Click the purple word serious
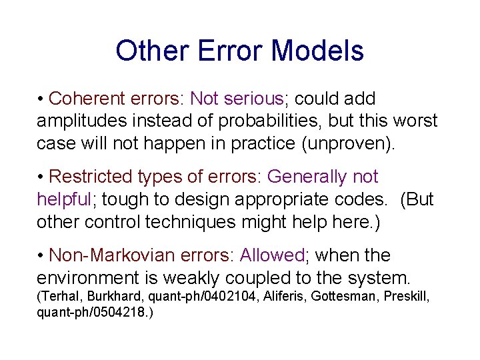254,99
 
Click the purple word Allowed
273,255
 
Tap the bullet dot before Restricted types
41,177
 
